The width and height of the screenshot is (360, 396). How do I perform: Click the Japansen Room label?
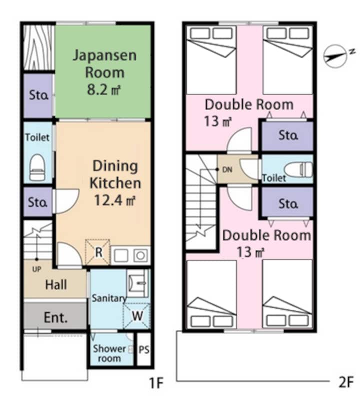pos(104,64)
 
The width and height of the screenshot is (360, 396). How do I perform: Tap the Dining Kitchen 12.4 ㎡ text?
pos(115,183)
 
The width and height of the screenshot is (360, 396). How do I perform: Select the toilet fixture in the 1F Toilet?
pos(37,167)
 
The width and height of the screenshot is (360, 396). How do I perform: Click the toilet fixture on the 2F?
pos(298,169)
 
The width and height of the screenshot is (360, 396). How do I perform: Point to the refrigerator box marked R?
pos(98,252)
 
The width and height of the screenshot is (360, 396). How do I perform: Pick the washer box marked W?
pos(136,315)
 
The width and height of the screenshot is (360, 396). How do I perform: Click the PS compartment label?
pos(143,349)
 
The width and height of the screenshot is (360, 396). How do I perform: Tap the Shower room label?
pos(109,353)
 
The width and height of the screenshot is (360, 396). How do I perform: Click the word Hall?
pos(56,284)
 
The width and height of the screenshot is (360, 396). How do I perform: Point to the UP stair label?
pos(36,269)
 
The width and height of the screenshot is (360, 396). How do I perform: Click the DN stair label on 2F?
pos(227,169)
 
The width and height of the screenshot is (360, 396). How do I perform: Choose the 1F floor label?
pos(156,382)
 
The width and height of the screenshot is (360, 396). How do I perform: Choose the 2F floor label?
pos(345,382)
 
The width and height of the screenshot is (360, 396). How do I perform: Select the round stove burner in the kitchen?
pos(140,255)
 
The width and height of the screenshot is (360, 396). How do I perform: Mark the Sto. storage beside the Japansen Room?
pos(38,95)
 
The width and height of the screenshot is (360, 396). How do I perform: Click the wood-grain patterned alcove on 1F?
pos(39,47)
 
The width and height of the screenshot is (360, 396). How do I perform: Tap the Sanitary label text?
pos(109,298)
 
